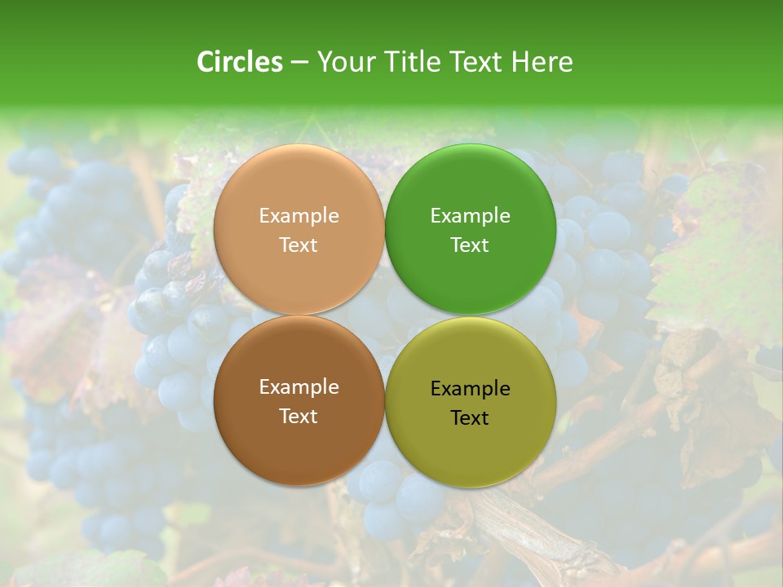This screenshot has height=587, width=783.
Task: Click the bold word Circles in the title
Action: point(240,62)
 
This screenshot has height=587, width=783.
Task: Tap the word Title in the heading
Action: point(410,62)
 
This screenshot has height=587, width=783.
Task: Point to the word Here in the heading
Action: point(542,62)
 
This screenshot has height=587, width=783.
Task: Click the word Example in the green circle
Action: point(470,216)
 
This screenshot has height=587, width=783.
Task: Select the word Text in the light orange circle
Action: point(299,245)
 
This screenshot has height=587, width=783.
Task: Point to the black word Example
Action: point(470,389)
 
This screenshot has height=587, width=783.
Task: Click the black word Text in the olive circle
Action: point(470,418)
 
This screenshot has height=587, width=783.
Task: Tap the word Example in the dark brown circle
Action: point(299,387)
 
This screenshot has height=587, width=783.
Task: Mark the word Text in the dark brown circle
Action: point(299,417)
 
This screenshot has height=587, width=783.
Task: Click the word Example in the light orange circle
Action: point(299,216)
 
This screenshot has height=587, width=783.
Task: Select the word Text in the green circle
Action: point(470,245)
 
